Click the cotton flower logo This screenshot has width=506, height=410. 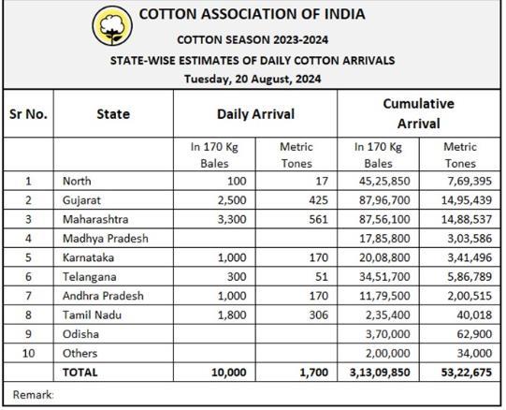click(x=112, y=25)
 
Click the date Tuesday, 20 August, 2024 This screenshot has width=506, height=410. click(x=253, y=80)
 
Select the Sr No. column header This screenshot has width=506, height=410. click(x=28, y=114)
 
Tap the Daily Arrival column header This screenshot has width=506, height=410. click(x=255, y=114)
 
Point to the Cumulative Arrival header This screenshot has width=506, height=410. click(x=418, y=113)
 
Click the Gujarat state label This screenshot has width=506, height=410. click(x=81, y=200)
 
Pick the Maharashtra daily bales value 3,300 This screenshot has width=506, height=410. click(x=232, y=219)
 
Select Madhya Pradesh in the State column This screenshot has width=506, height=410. click(x=106, y=239)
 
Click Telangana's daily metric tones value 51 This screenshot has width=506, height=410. click(x=322, y=277)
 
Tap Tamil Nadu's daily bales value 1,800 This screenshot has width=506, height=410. click(x=232, y=315)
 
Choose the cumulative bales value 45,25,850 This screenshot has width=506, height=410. click(x=384, y=181)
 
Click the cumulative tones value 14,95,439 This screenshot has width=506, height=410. click(x=467, y=200)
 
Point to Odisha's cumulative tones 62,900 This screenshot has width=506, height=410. click(x=474, y=334)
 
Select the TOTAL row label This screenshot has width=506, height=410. click(x=80, y=373)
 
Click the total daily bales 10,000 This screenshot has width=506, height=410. click(x=229, y=373)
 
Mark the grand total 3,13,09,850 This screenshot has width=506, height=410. click(x=380, y=373)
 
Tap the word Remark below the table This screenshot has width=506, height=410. click(x=33, y=395)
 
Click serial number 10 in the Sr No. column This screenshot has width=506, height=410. click(x=28, y=353)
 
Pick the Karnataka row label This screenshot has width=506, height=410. click(x=89, y=257)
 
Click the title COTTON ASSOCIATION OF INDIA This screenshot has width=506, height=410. click(x=252, y=14)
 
